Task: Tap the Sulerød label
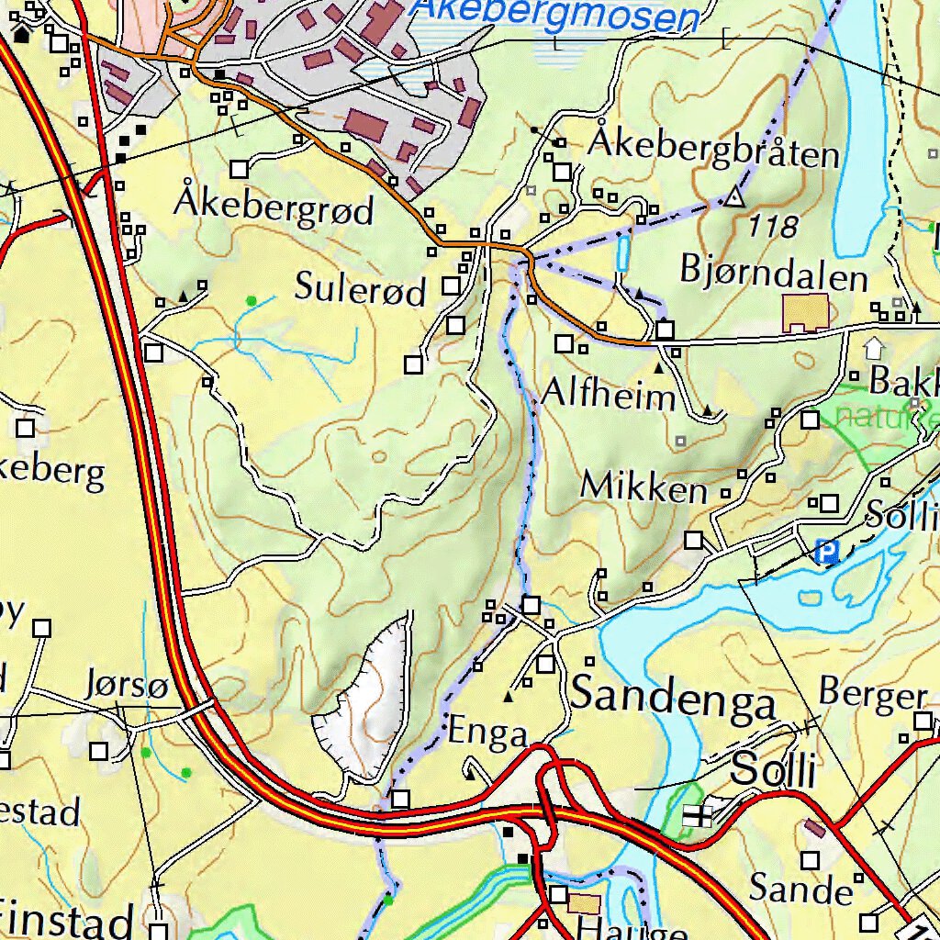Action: point(360,290)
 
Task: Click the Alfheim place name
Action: point(609,395)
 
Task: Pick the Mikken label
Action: point(643,487)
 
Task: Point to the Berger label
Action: point(872,695)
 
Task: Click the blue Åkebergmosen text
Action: point(554,17)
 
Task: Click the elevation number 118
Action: point(772,226)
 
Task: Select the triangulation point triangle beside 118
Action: point(733,197)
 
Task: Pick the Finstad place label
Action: point(66,921)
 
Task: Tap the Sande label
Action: point(800,888)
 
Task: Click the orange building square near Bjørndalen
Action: point(805,313)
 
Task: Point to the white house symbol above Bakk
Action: point(873,348)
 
